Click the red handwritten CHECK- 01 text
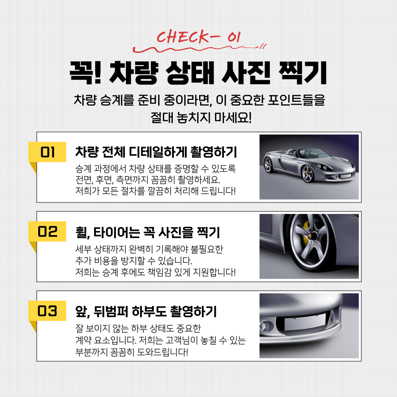pyautogui.click(x=198, y=37)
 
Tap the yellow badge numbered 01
pyautogui.click(x=47, y=152)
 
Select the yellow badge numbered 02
pyautogui.click(x=47, y=232)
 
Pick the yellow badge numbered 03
pyautogui.click(x=47, y=311)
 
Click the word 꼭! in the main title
pyautogui.click(x=85, y=73)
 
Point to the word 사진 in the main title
pyautogui.click(x=246, y=73)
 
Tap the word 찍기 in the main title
pyautogui.click(x=303, y=73)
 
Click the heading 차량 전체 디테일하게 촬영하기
pyautogui.click(x=156, y=152)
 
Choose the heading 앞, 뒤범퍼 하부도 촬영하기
pyautogui.click(x=146, y=311)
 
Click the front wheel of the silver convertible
pyautogui.click(x=308, y=174)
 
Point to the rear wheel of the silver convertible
pyautogui.click(x=268, y=165)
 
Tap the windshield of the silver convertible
pyautogui.click(x=313, y=153)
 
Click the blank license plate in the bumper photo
pyautogui.click(x=305, y=322)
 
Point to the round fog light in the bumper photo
pyautogui.click(x=265, y=326)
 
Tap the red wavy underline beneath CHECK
pyautogui.click(x=200, y=49)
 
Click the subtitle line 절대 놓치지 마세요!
pyautogui.click(x=201, y=118)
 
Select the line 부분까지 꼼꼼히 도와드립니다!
pyautogui.click(x=132, y=352)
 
